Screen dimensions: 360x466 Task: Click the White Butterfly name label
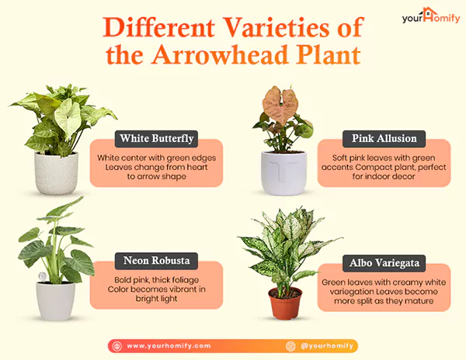pos(155,139)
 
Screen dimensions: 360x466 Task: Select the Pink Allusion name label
pos(384,139)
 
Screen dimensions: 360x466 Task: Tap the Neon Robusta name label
pos(155,261)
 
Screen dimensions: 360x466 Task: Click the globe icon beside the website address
pos(116,345)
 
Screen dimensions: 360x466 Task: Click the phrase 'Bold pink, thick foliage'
pos(156,279)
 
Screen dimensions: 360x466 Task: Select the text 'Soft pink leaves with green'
pos(384,157)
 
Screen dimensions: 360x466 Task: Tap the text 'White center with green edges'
pos(156,157)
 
